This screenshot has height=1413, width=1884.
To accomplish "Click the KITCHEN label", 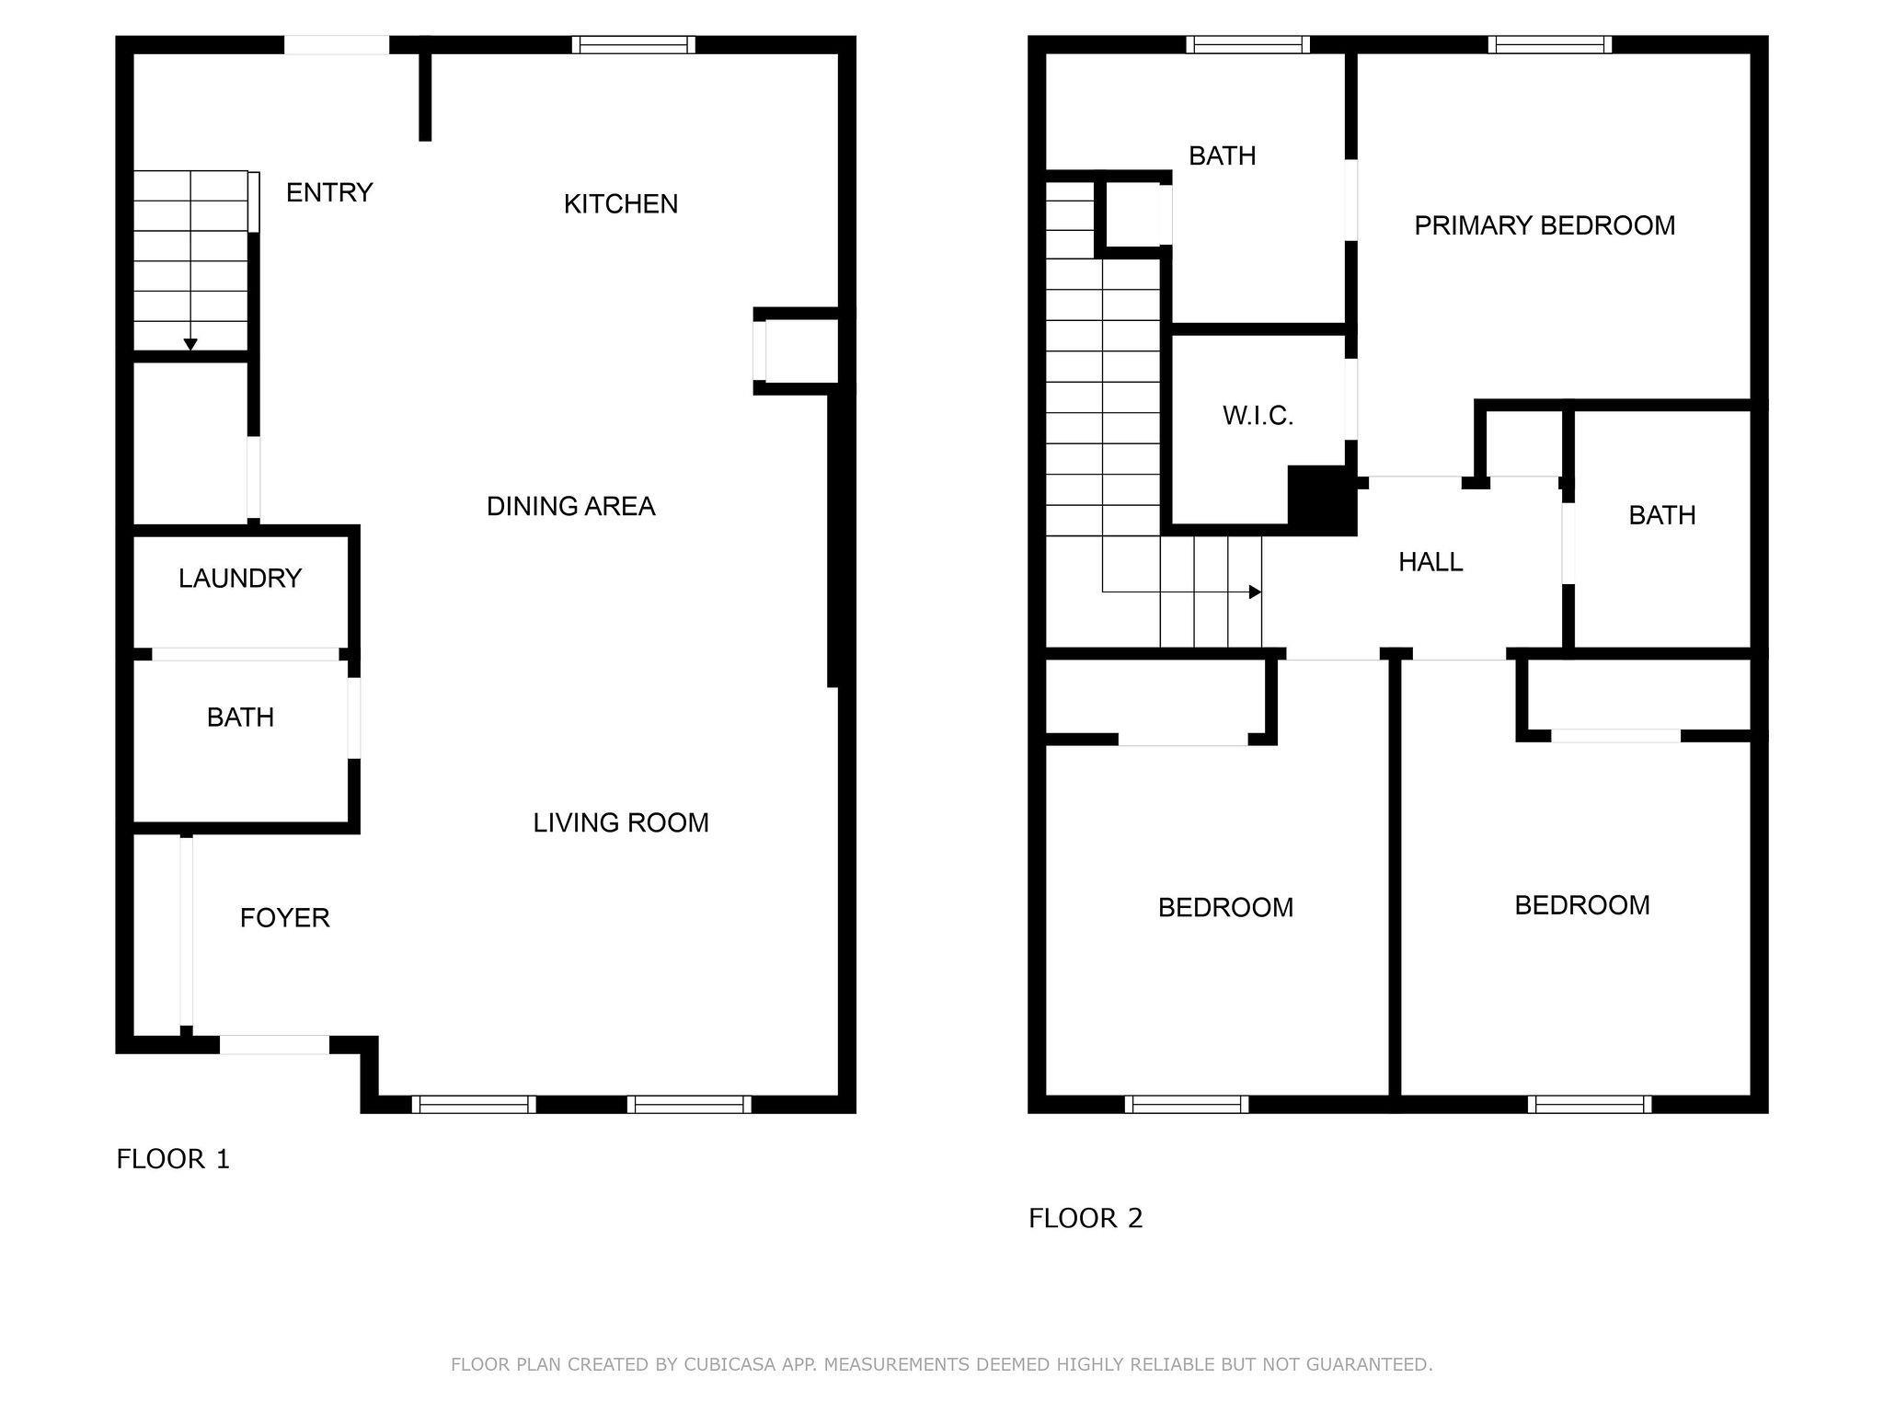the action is [621, 203].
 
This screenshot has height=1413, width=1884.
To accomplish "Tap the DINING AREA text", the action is [570, 506].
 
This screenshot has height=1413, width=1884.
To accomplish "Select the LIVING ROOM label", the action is [621, 822].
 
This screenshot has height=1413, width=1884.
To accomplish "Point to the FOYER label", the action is [284, 917].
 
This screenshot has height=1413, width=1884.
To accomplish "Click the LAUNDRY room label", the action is [240, 578].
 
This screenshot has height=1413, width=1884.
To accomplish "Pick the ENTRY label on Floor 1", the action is [329, 192].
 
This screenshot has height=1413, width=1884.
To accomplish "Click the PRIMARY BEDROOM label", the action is [1545, 225].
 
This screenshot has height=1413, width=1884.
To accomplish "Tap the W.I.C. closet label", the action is [1258, 416].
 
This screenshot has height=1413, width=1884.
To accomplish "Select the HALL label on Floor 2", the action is [1430, 561].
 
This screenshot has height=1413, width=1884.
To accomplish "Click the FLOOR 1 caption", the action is [173, 1159].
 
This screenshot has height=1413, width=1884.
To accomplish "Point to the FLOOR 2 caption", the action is [1086, 1218].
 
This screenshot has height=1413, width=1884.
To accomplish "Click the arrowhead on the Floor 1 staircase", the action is [190, 345].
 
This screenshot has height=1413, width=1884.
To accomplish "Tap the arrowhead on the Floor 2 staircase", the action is [1255, 592].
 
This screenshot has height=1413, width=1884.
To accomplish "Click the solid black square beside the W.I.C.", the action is [1322, 500].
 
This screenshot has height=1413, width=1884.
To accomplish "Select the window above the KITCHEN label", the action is [633, 45].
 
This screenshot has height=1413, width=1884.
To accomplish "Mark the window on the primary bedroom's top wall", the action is [1550, 44].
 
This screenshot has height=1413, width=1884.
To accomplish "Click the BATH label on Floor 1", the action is [240, 717].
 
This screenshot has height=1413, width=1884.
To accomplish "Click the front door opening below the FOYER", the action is [274, 1045].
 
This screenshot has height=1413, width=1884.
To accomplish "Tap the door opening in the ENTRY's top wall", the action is [337, 45].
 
